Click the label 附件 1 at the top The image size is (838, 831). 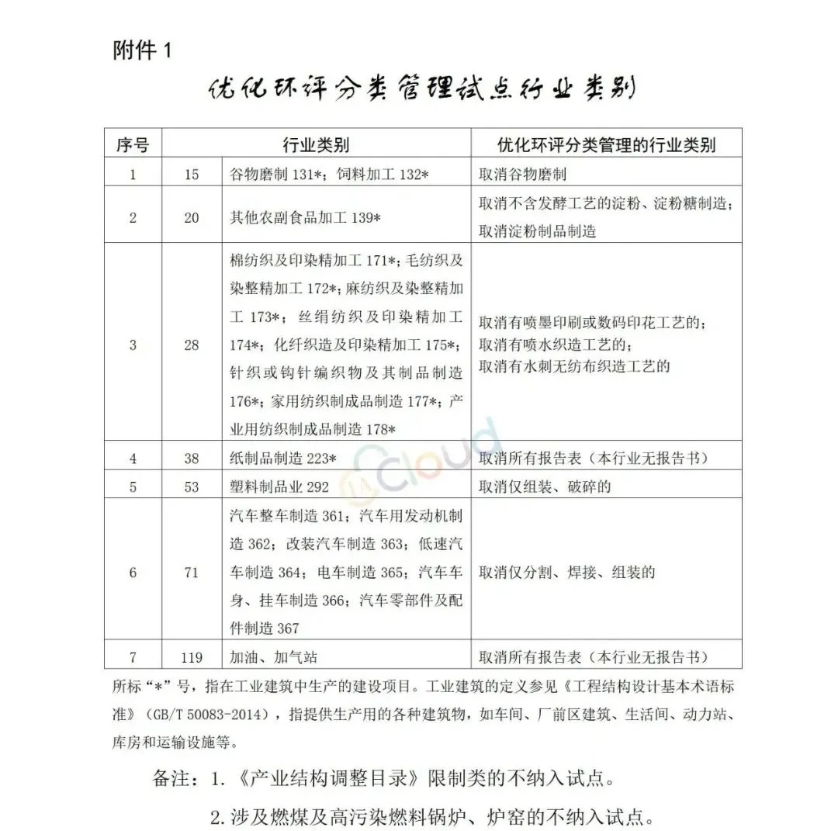click(140, 51)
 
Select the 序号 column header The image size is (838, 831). click(133, 144)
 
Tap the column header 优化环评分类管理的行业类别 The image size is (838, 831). click(606, 144)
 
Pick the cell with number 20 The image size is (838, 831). click(192, 218)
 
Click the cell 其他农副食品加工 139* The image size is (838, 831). click(305, 218)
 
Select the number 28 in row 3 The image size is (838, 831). click(192, 345)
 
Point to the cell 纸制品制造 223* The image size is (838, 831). click(283, 459)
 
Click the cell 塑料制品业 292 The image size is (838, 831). click(279, 487)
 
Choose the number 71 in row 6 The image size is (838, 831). click(192, 573)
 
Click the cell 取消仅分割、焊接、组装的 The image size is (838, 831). click(566, 573)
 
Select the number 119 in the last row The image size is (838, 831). click(192, 657)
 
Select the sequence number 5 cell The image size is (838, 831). click(133, 487)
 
